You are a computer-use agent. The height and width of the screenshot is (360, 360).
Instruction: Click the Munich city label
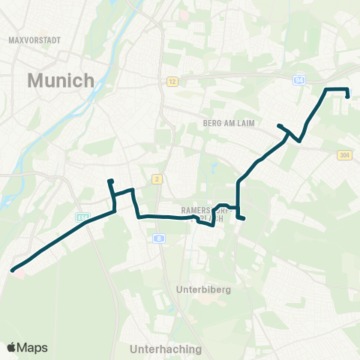pos(61,80)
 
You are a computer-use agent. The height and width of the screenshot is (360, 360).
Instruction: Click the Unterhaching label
pos(166,349)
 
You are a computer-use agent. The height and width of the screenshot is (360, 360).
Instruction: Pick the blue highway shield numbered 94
pos(299,77)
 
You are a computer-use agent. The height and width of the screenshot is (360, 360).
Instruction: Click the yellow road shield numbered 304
pos(344,154)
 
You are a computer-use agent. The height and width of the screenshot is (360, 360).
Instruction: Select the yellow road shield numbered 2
pos(157,178)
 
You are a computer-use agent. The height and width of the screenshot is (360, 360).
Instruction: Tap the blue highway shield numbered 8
pos(159,238)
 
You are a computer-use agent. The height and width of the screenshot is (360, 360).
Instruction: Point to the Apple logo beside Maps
pos(12,347)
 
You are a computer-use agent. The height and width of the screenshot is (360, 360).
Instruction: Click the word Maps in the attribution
pos(32,347)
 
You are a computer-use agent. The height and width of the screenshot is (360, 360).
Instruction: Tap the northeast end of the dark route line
pos(348,95)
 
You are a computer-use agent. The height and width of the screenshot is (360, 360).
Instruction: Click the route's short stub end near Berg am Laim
pos(279,126)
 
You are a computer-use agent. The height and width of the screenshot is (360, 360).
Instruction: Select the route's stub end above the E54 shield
pos(110,181)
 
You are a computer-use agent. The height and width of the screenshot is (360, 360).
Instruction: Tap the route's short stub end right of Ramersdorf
pos(244,218)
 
